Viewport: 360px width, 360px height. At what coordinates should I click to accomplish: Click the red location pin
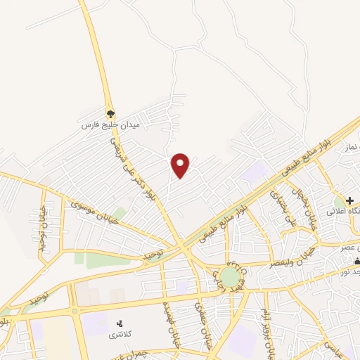point(181,165)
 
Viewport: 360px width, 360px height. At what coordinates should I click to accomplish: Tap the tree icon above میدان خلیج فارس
point(110,112)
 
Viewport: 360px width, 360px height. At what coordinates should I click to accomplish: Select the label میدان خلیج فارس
point(110,124)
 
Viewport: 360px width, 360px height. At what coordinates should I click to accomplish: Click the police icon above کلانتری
point(120,323)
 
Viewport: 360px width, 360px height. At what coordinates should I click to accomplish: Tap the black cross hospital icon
point(349,200)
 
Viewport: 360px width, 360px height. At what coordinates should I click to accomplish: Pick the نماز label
point(352,146)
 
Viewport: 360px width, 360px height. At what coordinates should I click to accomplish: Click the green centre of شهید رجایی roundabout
point(230,276)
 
